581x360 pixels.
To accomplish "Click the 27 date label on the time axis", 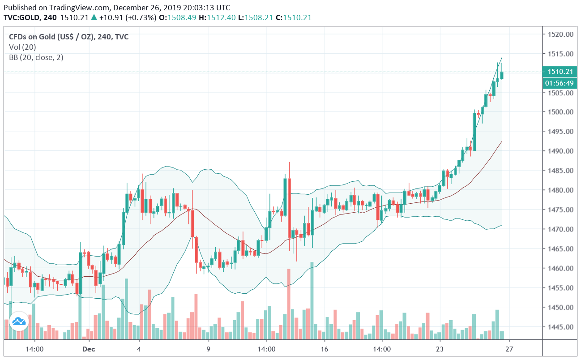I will pyautogui.click(x=509, y=349).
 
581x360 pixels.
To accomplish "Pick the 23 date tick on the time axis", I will pyautogui.click(x=440, y=349).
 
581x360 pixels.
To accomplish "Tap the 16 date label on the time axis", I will pyautogui.click(x=325, y=349).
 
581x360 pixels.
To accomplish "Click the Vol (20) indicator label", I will pyautogui.click(x=22, y=47).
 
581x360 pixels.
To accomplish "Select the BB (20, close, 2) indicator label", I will pyautogui.click(x=36, y=57).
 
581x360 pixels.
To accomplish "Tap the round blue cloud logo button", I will pyautogui.click(x=19, y=321).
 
